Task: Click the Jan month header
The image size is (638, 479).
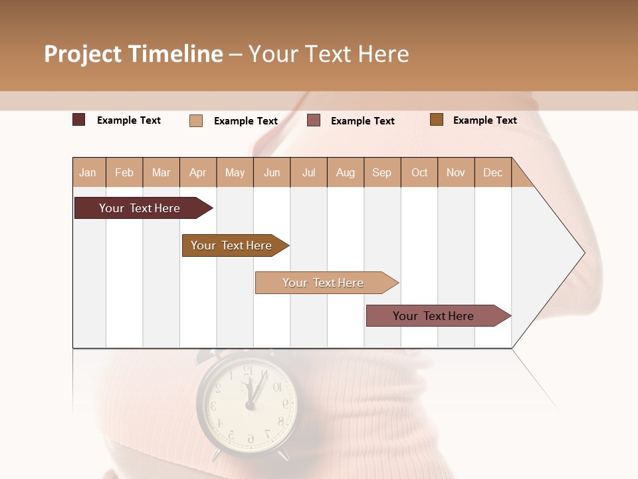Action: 88,172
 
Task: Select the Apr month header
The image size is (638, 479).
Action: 198,172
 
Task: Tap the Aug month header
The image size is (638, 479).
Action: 346,172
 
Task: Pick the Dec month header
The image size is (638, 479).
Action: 492,172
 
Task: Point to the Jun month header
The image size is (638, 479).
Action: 272,172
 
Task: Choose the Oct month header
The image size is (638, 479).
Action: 419,172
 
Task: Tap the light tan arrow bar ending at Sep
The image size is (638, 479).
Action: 324,283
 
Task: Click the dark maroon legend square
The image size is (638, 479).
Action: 78,120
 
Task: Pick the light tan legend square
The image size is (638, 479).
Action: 196,120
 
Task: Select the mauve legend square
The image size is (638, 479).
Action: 314,120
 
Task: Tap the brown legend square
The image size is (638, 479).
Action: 437,120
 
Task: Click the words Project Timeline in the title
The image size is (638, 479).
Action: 134,54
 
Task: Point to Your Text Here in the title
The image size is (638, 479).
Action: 329,54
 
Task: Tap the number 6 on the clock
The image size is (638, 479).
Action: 250,438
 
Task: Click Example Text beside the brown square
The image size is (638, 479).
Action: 484,120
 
